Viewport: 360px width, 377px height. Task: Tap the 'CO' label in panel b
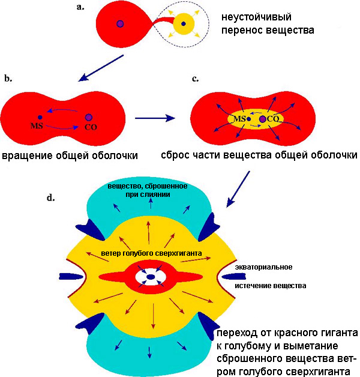[x=91, y=127]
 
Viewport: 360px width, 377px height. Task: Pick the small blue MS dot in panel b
[x=40, y=117]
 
